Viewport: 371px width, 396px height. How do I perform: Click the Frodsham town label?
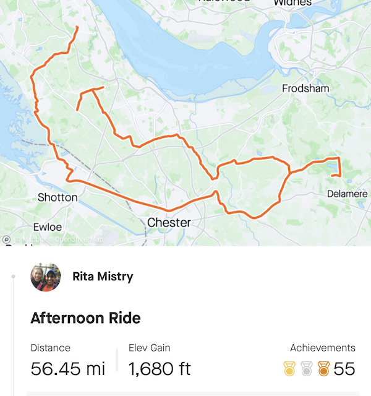pyautogui.click(x=305, y=88)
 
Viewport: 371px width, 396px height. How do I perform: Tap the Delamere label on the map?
pyautogui.click(x=347, y=194)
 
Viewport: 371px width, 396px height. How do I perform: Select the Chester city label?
pyautogui.click(x=169, y=222)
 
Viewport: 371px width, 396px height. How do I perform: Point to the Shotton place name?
pyautogui.click(x=58, y=197)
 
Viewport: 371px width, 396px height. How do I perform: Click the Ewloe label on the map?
pyautogui.click(x=47, y=227)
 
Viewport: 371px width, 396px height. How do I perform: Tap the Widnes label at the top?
pyautogui.click(x=292, y=3)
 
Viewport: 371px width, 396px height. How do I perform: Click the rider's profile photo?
pyautogui.click(x=45, y=277)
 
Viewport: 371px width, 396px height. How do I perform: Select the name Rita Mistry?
pyautogui.click(x=103, y=277)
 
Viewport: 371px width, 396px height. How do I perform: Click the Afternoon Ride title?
pyautogui.click(x=85, y=318)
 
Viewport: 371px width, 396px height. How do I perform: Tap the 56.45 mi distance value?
pyautogui.click(x=68, y=369)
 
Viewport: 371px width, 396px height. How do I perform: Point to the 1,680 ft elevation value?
pyautogui.click(x=160, y=369)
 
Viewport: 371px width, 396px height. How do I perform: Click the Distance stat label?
pyautogui.click(x=50, y=348)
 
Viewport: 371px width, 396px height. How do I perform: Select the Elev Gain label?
pyautogui.click(x=149, y=348)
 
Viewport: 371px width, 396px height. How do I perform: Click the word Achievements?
pyautogui.click(x=322, y=348)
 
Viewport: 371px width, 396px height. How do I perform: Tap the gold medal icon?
pyautogui.click(x=289, y=369)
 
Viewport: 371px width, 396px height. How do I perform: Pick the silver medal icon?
pyautogui.click(x=306, y=369)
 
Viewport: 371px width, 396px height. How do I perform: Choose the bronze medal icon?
pyautogui.click(x=323, y=369)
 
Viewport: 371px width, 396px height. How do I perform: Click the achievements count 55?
pyautogui.click(x=344, y=369)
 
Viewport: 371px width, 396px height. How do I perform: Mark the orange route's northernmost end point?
pyautogui.click(x=77, y=28)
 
